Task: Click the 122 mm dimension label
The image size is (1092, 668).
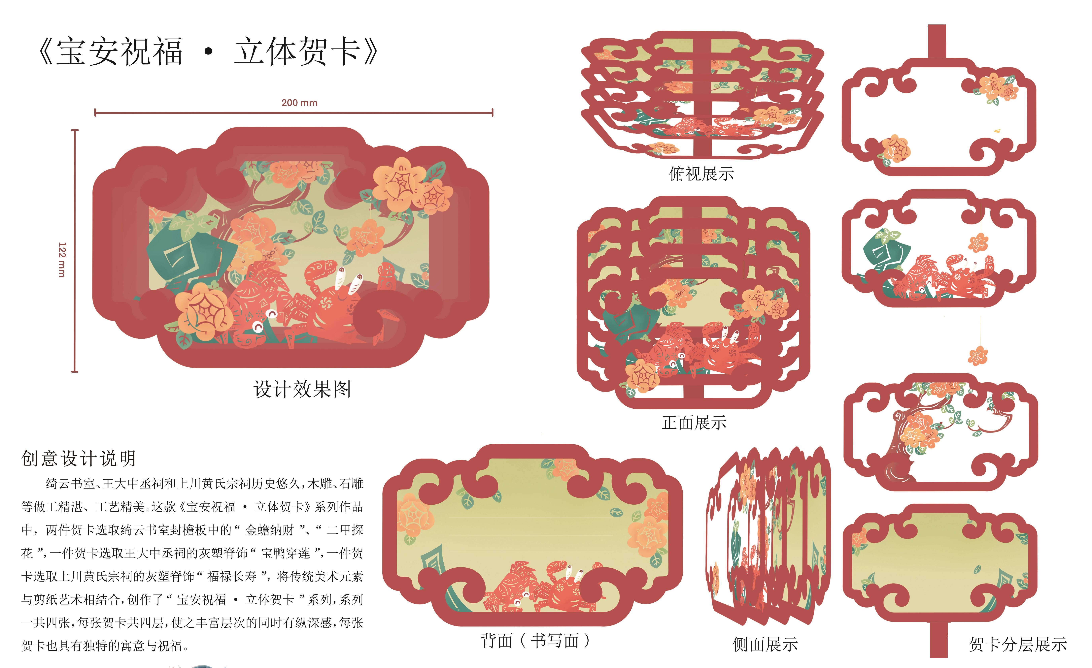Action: coord(62,260)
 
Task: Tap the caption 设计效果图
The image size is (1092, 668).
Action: coord(302,389)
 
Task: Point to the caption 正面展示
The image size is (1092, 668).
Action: coord(694,423)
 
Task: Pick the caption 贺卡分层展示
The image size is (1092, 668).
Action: coord(1018,644)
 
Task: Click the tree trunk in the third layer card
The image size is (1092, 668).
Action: coord(900,447)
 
